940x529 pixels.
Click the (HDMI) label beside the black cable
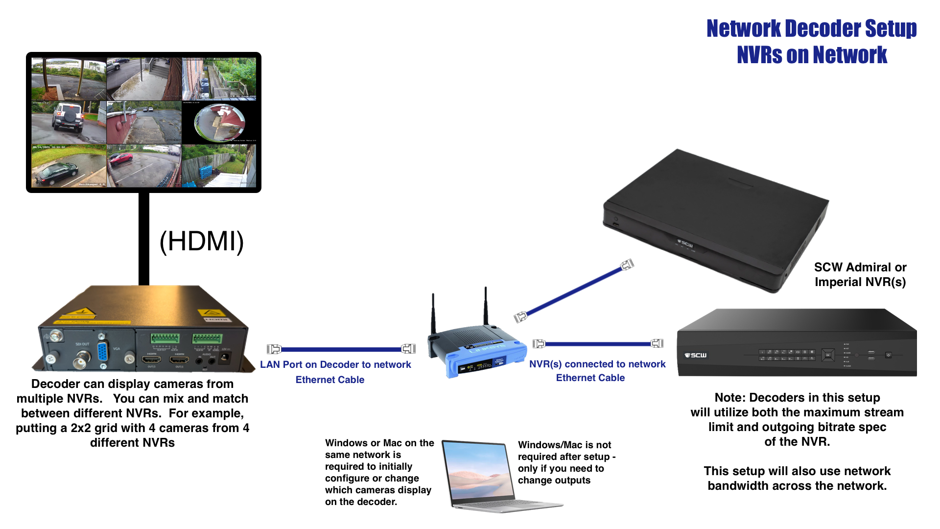coord(202,241)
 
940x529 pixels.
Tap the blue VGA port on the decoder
coord(103,352)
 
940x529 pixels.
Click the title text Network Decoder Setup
coord(811,28)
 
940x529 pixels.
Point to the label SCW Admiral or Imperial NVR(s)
coord(860,274)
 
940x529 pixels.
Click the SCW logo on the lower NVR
coord(696,355)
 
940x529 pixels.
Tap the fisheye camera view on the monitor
coord(219,122)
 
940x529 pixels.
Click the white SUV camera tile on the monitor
coord(69,121)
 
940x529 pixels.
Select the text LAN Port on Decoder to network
coord(335,364)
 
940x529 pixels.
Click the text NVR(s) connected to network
coord(597,364)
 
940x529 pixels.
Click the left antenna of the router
coord(433,313)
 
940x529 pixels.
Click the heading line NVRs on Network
coord(812,55)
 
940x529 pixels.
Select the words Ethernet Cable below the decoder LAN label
coord(330,380)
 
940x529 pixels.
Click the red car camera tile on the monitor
coord(144,166)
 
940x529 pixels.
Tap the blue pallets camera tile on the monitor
coord(219,166)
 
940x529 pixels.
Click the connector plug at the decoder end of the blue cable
coord(274,349)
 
